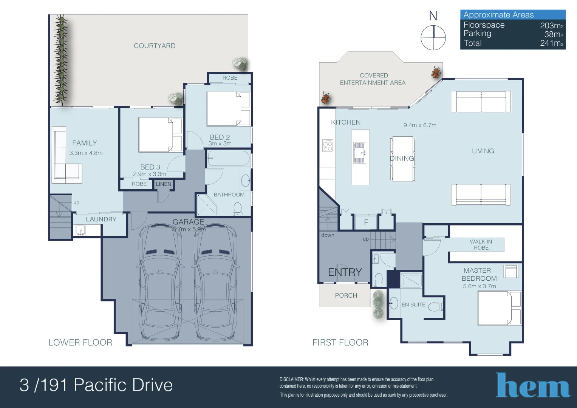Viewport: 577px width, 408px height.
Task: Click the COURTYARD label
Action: (155, 46)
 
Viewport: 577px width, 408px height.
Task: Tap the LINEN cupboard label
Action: (164, 184)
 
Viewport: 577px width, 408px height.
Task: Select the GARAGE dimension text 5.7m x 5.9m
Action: (189, 229)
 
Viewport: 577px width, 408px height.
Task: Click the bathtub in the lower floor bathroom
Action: (229, 158)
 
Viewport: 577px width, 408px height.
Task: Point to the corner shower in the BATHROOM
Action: (207, 205)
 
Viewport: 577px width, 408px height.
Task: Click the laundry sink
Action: (81, 230)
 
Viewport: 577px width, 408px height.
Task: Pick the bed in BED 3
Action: (160, 135)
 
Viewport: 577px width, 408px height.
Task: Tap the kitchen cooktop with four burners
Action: (328, 145)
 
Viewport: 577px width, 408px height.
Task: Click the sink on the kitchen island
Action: (360, 153)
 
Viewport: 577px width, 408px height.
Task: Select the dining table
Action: (402, 159)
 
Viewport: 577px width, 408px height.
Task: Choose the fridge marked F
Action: (366, 222)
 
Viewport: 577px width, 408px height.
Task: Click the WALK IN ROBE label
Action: (481, 245)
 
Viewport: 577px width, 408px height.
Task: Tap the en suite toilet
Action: (436, 306)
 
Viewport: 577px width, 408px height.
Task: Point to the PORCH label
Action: (346, 295)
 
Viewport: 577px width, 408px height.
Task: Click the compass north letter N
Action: (433, 16)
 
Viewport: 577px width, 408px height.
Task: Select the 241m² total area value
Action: (552, 43)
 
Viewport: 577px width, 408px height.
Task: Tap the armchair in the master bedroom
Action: (511, 271)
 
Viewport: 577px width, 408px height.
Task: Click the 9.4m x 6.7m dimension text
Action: (420, 125)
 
